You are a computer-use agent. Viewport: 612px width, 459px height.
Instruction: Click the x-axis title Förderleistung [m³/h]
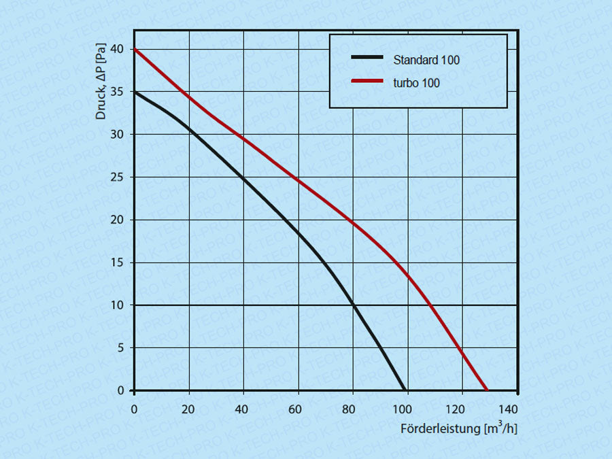[459, 428]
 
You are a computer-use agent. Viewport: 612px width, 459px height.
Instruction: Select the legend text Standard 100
[426, 60]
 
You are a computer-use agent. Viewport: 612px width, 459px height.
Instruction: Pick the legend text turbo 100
[416, 83]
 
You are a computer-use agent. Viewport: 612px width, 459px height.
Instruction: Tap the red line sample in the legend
[368, 82]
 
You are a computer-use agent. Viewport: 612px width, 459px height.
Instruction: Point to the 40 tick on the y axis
[119, 49]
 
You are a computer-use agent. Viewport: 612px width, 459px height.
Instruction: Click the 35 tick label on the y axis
[119, 92]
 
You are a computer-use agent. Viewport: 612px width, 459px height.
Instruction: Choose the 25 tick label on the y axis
[119, 177]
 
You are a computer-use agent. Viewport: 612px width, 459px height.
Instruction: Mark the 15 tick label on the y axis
[119, 262]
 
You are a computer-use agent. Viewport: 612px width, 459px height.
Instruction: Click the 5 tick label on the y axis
[122, 347]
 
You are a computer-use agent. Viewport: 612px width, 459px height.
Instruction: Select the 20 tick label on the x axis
[188, 409]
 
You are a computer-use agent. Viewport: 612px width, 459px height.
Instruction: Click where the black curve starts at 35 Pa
[135, 92]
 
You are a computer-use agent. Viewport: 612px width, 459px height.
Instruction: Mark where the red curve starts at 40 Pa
[135, 49]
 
